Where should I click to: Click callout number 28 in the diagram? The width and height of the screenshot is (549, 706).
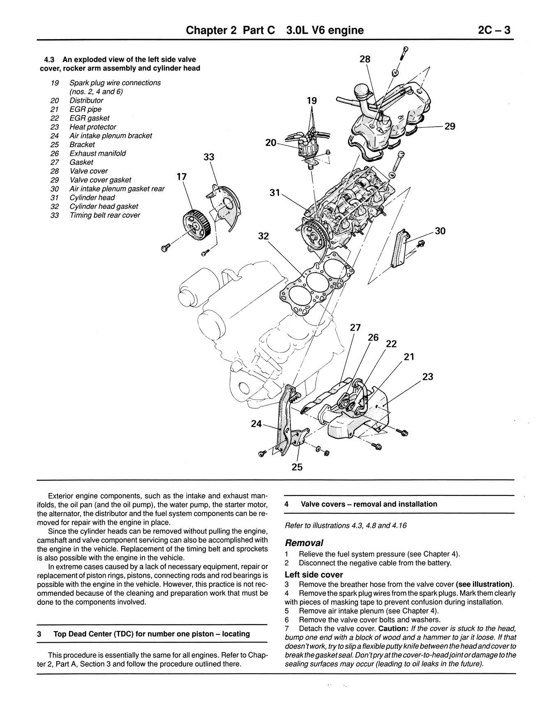[365, 59]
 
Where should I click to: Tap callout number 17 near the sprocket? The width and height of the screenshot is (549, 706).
[181, 177]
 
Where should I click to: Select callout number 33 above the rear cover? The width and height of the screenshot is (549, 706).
[209, 157]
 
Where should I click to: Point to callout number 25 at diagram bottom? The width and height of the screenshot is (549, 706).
[297, 467]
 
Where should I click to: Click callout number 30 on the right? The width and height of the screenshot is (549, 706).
[440, 231]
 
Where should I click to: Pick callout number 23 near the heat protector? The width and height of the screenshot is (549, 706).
[427, 377]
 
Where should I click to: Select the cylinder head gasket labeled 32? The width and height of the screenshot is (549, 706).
[316, 284]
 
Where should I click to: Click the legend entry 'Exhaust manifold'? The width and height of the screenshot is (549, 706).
[97, 153]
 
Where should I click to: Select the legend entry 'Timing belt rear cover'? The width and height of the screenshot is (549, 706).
[105, 215]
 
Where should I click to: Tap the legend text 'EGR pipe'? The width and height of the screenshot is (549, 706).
[85, 109]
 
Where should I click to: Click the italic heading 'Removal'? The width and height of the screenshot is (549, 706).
[304, 543]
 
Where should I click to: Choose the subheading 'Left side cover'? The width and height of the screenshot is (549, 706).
[314, 575]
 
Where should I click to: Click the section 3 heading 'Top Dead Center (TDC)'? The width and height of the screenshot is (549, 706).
[151, 634]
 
